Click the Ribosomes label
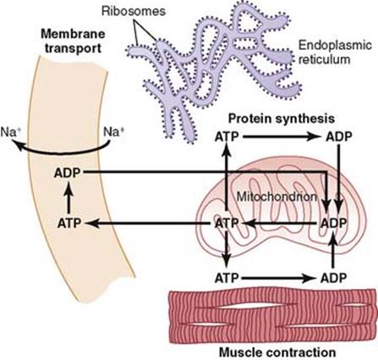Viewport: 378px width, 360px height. [133, 12]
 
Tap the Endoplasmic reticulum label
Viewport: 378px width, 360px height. [335, 52]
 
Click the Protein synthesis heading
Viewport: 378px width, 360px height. [282, 118]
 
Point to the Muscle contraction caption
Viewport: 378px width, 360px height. [277, 352]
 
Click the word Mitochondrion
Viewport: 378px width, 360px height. [277, 197]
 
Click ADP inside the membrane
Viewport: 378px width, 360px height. [68, 172]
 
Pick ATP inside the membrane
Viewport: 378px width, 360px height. [69, 223]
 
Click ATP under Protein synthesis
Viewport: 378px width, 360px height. [227, 137]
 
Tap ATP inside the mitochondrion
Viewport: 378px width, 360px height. [227, 223]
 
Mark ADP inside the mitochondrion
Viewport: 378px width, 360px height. [334, 223]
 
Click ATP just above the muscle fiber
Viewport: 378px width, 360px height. [227, 278]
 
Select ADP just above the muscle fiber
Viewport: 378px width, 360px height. [334, 278]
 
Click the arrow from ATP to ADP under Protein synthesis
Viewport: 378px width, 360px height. [281, 137]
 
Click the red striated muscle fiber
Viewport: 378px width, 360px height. [273, 317]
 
